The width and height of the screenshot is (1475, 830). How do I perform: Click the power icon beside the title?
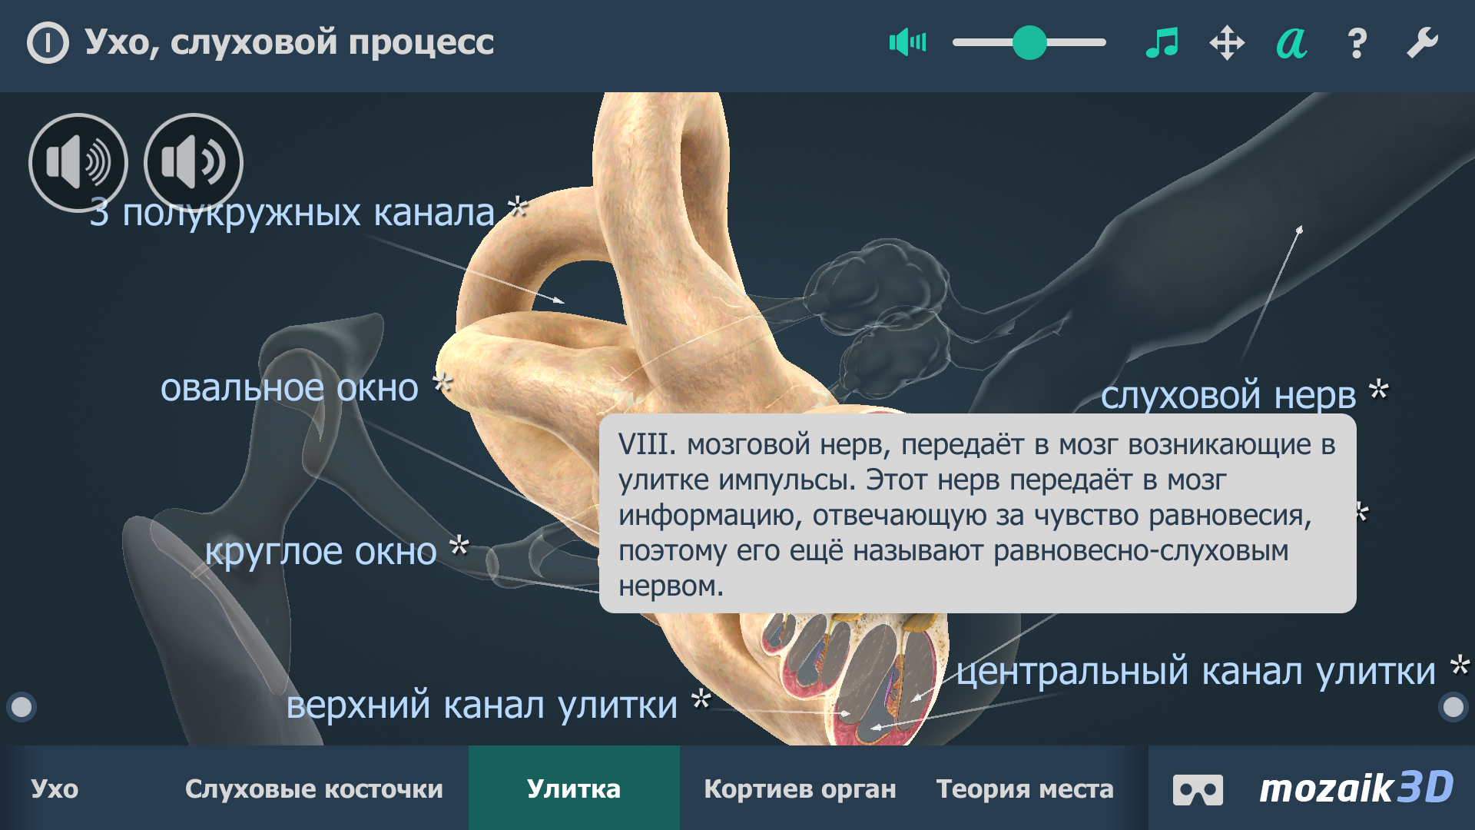pyautogui.click(x=48, y=42)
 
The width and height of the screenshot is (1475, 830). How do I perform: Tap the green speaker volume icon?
pyautogui.click(x=907, y=42)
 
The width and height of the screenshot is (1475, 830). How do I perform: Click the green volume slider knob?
pyautogui.click(x=1029, y=42)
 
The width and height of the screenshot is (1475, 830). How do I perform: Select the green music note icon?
pyautogui.click(x=1162, y=42)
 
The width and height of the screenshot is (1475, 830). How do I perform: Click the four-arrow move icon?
pyautogui.click(x=1227, y=42)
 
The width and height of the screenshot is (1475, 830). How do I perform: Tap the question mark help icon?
pyautogui.click(x=1357, y=43)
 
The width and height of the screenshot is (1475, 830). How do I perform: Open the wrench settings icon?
pyautogui.click(x=1422, y=42)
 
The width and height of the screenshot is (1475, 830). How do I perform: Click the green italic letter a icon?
pyautogui.click(x=1291, y=43)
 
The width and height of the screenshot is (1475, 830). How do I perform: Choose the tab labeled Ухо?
pyautogui.click(x=55, y=788)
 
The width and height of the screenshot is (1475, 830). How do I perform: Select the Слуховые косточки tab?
pyautogui.click(x=313, y=788)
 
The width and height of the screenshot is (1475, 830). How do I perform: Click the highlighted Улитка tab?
pyautogui.click(x=574, y=788)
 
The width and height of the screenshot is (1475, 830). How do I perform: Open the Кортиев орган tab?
pyautogui.click(x=800, y=788)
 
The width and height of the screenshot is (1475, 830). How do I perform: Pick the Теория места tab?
pyautogui.click(x=1025, y=788)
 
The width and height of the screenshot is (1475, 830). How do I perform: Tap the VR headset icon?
pyautogui.click(x=1198, y=789)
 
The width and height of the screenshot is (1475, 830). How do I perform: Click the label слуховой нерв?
pyautogui.click(x=1228, y=395)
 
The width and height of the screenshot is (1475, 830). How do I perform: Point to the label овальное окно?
pyautogui.click(x=290, y=388)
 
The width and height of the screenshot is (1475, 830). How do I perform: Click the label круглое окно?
pyautogui.click(x=320, y=552)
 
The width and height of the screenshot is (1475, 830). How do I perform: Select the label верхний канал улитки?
pyautogui.click(x=482, y=705)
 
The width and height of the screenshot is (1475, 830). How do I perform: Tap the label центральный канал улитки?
pyautogui.click(x=1195, y=672)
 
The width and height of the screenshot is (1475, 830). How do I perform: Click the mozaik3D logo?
pyautogui.click(x=1356, y=788)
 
